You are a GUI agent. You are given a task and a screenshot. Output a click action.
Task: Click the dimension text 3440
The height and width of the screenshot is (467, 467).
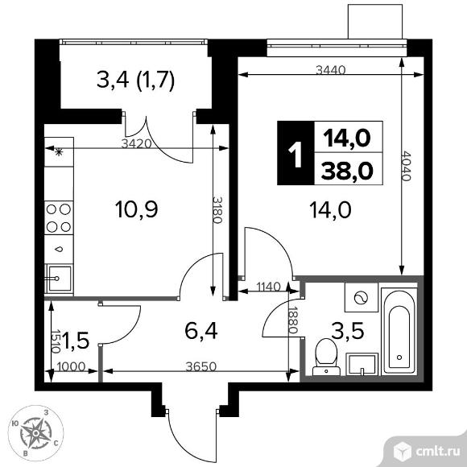[x=331, y=70]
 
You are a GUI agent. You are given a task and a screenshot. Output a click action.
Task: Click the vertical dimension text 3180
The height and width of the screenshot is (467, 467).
[x=217, y=210]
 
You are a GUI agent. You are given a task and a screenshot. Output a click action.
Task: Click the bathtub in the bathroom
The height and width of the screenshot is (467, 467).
[x=397, y=331]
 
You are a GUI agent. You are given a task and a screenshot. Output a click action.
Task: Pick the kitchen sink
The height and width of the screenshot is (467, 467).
[x=57, y=279]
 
